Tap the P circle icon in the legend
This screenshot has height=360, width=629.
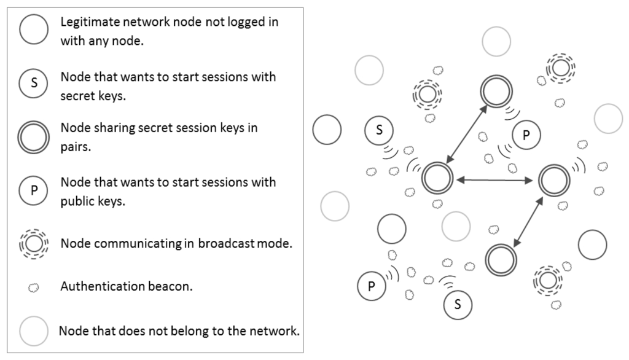tap(34, 191)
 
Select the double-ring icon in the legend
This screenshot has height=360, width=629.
tap(34, 136)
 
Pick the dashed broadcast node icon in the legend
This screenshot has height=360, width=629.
tap(34, 243)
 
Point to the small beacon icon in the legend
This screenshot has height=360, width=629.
tap(34, 287)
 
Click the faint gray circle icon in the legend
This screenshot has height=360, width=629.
tap(34, 331)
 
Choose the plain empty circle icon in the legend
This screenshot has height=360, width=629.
tap(34, 29)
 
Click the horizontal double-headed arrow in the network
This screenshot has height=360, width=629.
tap(494, 179)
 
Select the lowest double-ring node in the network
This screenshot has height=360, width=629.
tap(500, 260)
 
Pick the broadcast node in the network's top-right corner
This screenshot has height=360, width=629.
tap(560, 69)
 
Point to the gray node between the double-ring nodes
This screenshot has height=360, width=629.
tap(456, 226)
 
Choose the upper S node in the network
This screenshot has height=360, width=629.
tap(379, 130)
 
